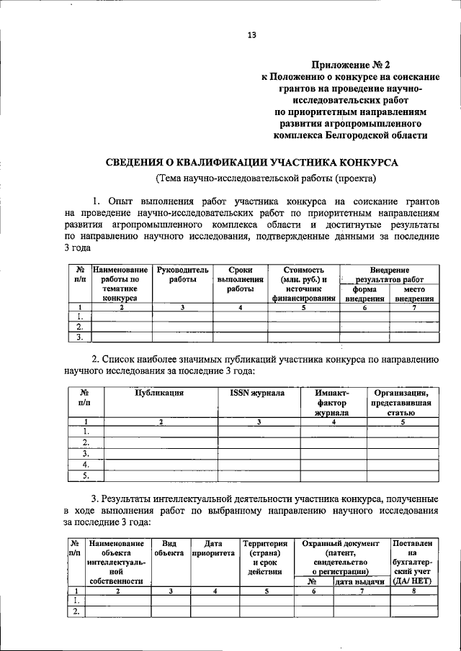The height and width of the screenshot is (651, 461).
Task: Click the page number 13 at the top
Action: pyautogui.click(x=251, y=35)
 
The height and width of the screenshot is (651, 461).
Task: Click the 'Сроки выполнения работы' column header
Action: pyautogui.click(x=241, y=278)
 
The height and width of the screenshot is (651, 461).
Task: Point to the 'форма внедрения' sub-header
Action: pyautogui.click(x=365, y=293)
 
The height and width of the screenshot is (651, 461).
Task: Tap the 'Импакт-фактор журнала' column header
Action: pyautogui.click(x=332, y=403)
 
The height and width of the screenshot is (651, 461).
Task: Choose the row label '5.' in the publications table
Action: pyautogui.click(x=86, y=475)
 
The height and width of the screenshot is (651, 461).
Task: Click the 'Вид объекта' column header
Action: pyautogui.click(x=169, y=549)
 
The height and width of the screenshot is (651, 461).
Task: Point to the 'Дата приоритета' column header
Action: pyautogui.click(x=213, y=549)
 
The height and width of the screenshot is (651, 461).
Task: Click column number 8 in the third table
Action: pyautogui.click(x=413, y=591)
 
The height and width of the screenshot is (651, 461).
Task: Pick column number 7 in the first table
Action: pyautogui.click(x=414, y=307)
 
